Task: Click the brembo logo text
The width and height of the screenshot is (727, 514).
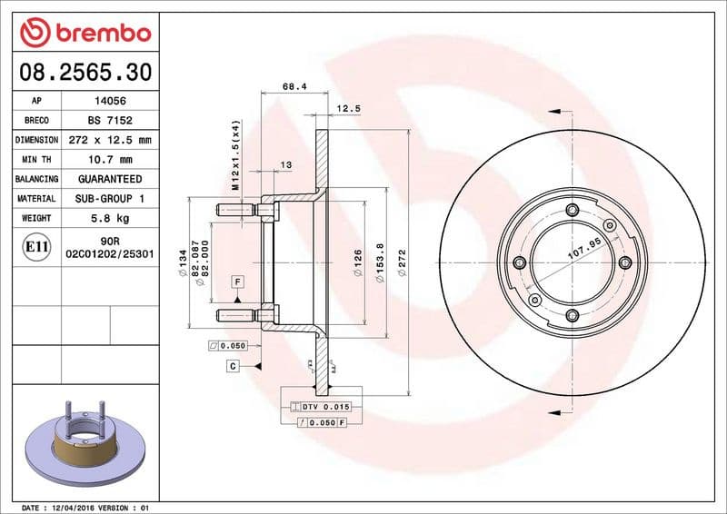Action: coord(99,34)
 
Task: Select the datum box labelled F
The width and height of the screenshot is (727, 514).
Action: coord(236,282)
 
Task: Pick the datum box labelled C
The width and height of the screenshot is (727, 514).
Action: coord(233,365)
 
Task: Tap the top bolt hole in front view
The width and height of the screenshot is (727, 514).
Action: coord(572,212)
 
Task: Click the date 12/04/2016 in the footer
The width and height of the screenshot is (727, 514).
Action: coord(75,507)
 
